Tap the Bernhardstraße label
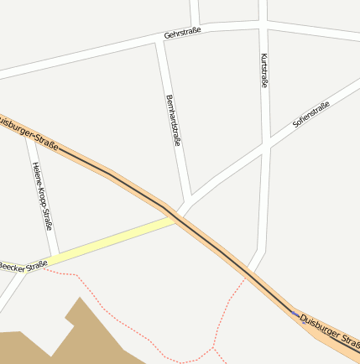tap(174, 120)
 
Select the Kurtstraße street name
tap(264, 70)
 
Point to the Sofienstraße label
tap(310, 114)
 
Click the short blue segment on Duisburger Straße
tap(295, 313)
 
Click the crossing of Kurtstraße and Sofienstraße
tap(264, 148)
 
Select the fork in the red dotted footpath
tap(215, 346)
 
